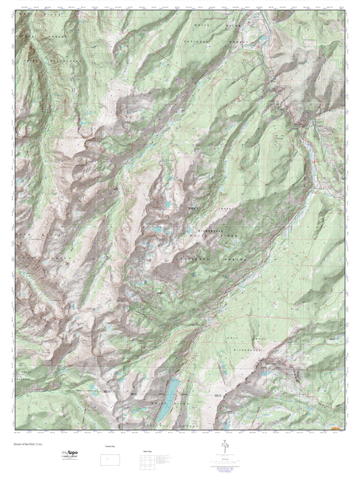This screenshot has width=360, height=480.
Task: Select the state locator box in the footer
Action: pyautogui.click(x=108, y=460)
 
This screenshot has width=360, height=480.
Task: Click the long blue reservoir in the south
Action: pyautogui.click(x=172, y=390)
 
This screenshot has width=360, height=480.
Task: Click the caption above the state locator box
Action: pyautogui.click(x=108, y=447)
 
